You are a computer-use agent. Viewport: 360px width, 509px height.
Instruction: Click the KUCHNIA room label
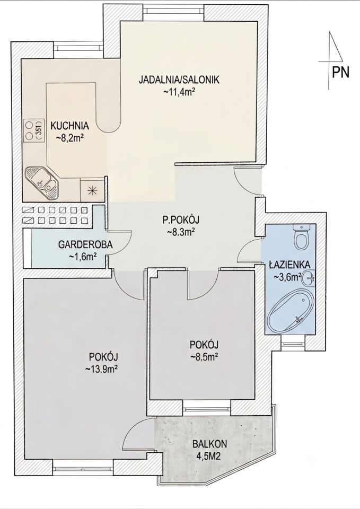point(70,125)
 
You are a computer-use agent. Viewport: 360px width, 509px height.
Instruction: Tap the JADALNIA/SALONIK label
point(179,80)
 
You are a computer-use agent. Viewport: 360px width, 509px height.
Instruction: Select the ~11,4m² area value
point(179,92)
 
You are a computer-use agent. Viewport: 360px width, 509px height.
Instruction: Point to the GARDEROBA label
point(85,244)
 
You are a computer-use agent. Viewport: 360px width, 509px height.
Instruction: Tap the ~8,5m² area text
point(204,357)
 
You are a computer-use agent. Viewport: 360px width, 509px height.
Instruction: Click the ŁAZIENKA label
point(289,265)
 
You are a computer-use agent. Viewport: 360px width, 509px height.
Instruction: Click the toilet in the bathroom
point(301,236)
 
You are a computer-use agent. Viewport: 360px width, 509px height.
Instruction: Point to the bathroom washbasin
point(309,277)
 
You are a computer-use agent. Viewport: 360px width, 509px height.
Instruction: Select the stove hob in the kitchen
point(32,131)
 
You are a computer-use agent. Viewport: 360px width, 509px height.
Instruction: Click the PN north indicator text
point(341,72)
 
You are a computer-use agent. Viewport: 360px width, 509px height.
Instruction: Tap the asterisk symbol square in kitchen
point(92,190)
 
